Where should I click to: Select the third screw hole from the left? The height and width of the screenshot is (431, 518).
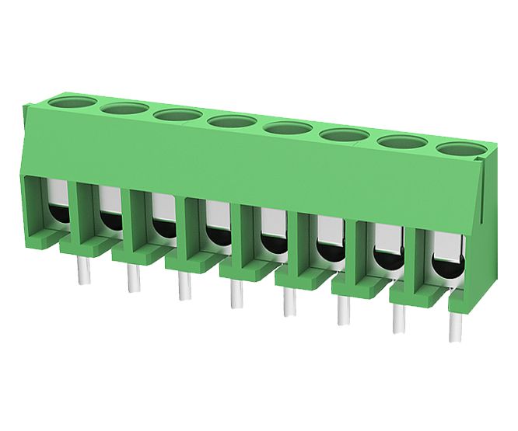click(178, 115)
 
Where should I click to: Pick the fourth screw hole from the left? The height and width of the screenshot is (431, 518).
click(233, 122)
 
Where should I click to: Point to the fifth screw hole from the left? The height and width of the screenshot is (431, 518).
click(288, 128)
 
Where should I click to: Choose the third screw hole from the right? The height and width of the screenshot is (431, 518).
click(344, 135)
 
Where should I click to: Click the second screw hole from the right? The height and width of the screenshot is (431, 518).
click(402, 142)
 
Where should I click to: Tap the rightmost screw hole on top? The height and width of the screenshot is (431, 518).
click(460, 149)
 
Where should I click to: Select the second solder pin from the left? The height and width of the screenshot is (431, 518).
click(131, 279)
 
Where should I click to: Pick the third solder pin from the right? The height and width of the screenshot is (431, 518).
click(342, 311)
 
